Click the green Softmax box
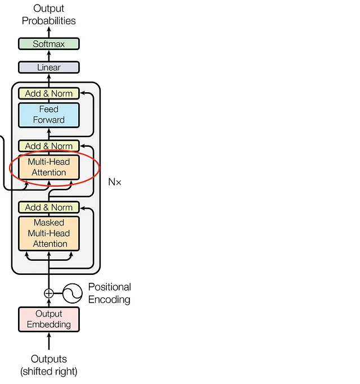[x=49, y=44]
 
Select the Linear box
[x=49, y=67]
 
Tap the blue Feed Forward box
[x=49, y=115]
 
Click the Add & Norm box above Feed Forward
[x=49, y=93]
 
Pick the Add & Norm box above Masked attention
[x=49, y=207]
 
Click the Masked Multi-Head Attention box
[x=49, y=233]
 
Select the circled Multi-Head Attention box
[x=49, y=168]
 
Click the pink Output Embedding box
[x=49, y=319]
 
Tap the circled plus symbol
[x=49, y=293]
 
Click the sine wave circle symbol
[x=73, y=293]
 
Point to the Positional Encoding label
[x=110, y=293]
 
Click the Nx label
[x=115, y=182]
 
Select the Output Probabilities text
[x=49, y=15]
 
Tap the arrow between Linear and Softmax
[x=49, y=56]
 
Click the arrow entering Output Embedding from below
[x=49, y=341]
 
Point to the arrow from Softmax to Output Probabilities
[x=49, y=32]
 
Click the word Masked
[x=49, y=223]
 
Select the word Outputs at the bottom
[x=49, y=359]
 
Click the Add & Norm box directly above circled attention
[x=49, y=146]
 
